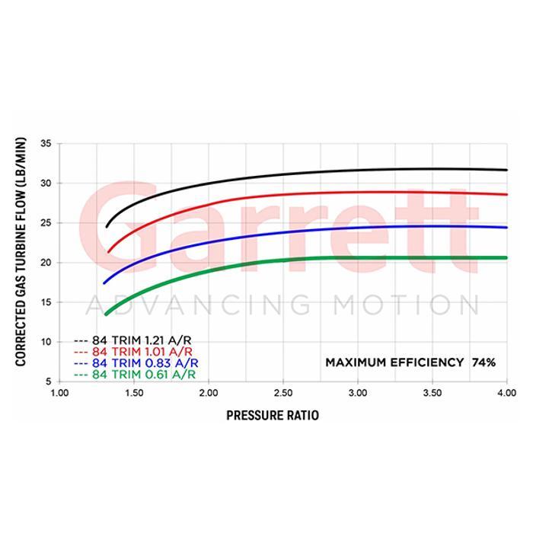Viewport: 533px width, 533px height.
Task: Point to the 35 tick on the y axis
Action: (46, 144)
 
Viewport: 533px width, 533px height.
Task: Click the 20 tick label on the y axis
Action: (46, 263)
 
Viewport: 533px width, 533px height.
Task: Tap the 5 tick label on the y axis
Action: (49, 381)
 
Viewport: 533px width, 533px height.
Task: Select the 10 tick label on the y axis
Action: (46, 342)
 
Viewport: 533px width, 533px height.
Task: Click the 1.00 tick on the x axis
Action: (59, 394)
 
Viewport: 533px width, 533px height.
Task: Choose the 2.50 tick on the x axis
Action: (283, 394)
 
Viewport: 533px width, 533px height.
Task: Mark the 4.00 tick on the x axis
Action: (507, 394)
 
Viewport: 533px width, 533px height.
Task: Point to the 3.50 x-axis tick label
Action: (432, 394)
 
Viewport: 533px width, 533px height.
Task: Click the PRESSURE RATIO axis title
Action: (272, 416)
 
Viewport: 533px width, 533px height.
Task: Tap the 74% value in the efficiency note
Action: (484, 362)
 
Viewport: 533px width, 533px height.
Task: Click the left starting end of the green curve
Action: (106, 314)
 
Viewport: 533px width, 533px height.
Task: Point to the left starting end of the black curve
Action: (107, 226)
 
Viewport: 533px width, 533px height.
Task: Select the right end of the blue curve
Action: (506, 228)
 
